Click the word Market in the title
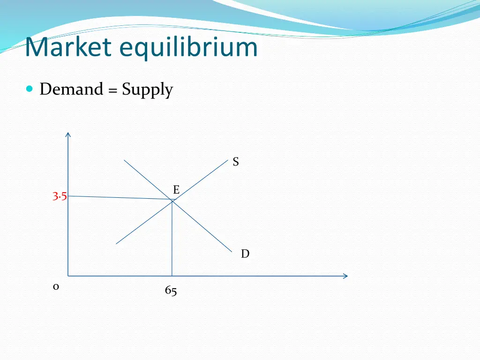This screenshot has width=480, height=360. click(68, 47)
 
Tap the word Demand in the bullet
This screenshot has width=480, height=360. click(71, 89)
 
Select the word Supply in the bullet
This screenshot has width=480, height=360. click(147, 90)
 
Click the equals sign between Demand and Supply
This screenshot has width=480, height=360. click(112, 90)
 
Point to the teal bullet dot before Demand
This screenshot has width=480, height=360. click(30, 89)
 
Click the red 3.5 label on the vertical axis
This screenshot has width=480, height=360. click(60, 196)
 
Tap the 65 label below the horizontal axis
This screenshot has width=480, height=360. click(171, 291)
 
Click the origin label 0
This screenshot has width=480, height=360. click(55, 287)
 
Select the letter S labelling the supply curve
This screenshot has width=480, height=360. click(236, 162)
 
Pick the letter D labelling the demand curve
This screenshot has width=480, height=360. click(245, 254)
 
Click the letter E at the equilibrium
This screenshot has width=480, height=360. click(176, 190)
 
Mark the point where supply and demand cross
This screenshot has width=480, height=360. click(172, 201)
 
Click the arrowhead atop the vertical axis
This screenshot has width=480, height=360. click(68, 135)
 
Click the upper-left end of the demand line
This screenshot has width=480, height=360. click(124, 160)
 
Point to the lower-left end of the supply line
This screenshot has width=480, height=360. click(116, 244)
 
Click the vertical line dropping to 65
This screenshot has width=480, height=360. click(172, 239)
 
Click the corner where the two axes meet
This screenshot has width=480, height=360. click(68, 276)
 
